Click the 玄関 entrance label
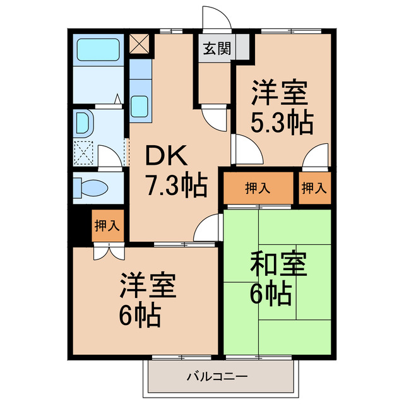click(x=216, y=47)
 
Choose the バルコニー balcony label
click(x=217, y=377)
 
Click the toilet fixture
click(x=92, y=187)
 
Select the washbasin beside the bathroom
click(x=83, y=124)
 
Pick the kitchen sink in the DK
click(x=140, y=105)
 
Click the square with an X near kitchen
click(x=139, y=44)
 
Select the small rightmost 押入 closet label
click(x=314, y=187)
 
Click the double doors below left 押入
click(x=106, y=251)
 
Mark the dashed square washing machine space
click(x=84, y=152)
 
